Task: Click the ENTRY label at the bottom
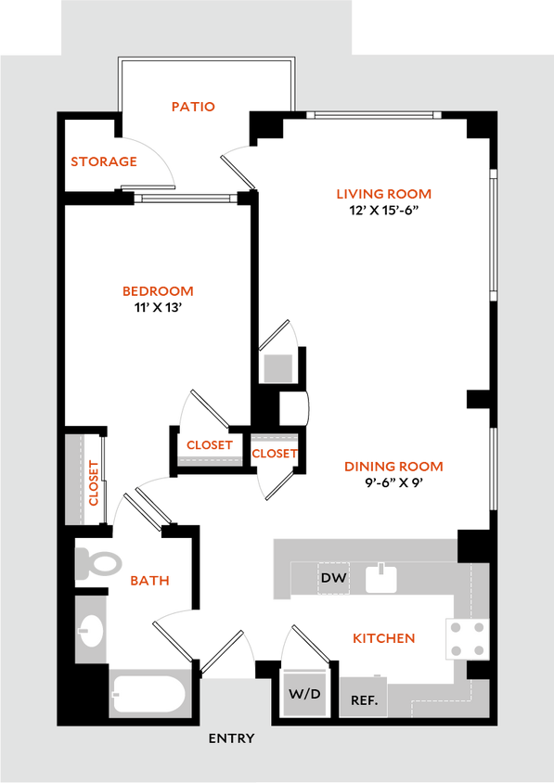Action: (x=231, y=738)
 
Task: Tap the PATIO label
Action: (x=194, y=107)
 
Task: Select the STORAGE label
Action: (x=104, y=162)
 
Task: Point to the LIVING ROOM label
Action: (x=383, y=195)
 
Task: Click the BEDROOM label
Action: (x=159, y=291)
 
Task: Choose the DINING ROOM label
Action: (x=393, y=467)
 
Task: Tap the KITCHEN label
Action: (x=384, y=638)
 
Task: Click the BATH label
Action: (x=149, y=581)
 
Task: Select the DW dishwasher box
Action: (x=333, y=579)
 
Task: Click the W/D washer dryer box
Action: (x=304, y=692)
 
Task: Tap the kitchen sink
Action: (x=381, y=579)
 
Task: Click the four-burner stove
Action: (x=467, y=638)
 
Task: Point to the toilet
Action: (x=100, y=562)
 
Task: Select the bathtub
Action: (x=150, y=693)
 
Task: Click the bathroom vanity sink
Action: (x=91, y=630)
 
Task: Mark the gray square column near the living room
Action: (x=277, y=367)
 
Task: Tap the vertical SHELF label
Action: (x=93, y=481)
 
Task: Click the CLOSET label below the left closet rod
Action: (x=210, y=445)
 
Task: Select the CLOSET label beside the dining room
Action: (x=275, y=455)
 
